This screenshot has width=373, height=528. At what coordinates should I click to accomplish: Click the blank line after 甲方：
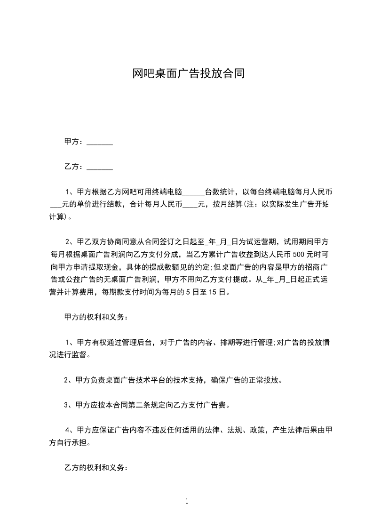100,142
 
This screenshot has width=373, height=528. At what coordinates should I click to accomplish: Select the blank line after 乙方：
100,167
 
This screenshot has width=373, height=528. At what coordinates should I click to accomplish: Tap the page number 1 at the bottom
187,501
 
